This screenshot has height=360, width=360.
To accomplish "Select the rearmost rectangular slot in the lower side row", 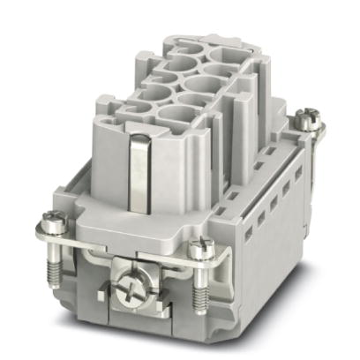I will (x=298, y=173).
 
